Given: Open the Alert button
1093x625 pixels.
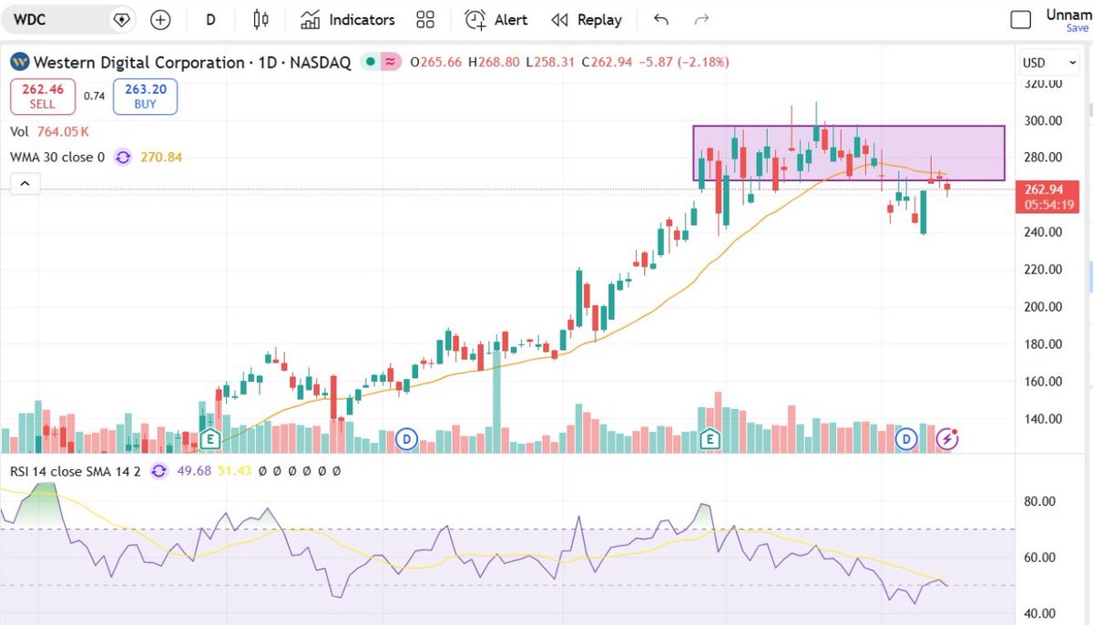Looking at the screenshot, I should [x=498, y=19].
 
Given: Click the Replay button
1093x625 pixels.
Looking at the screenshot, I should [x=587, y=19].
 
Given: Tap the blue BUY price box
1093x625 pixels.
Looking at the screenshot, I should [x=145, y=97].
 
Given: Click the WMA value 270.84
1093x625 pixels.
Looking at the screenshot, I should [x=161, y=157].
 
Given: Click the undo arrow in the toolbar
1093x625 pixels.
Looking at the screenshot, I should [x=661, y=19].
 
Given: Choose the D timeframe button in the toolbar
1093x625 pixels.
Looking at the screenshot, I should [x=210, y=19].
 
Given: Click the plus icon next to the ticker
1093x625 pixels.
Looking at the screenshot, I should [x=160, y=19].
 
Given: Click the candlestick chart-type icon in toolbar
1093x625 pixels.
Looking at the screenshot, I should [x=261, y=19].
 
